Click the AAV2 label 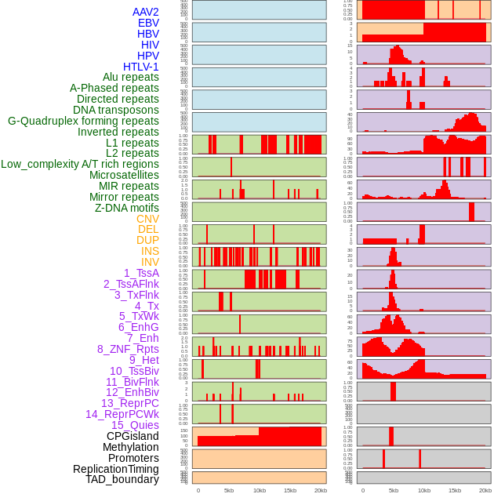145,12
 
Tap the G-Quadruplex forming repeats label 83,121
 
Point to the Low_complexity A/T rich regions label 80,164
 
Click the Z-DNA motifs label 126,208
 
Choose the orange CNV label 147,219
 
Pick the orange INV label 150,262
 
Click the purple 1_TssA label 141,273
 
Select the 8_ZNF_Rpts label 128,349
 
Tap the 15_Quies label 135,425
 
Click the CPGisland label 133,436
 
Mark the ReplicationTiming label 115,469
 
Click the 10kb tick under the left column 260,490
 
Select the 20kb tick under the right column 485,490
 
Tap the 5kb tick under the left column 229,490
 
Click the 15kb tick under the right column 455,490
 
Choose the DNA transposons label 116,110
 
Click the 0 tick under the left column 198,490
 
